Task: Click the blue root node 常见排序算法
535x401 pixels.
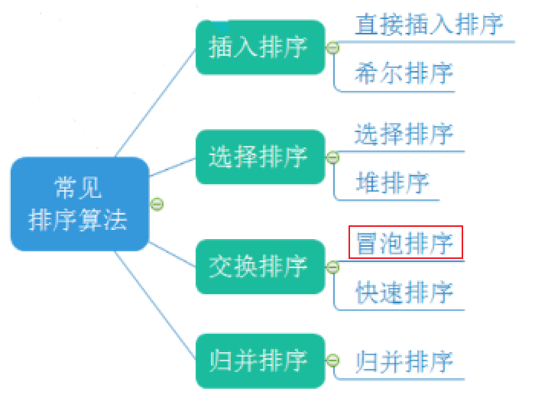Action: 79,204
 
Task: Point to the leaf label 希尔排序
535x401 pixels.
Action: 404,73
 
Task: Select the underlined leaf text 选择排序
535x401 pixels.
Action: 404,134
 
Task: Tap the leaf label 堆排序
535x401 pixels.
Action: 393,183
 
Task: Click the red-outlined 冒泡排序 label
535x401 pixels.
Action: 405,243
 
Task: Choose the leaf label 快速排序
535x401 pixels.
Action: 404,293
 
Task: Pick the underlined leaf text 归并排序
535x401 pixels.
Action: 404,361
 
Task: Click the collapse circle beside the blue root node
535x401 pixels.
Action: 157,204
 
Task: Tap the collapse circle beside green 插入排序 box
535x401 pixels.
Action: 332,48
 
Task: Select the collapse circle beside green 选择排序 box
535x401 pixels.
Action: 332,157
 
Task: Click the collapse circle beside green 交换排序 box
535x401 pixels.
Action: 332,267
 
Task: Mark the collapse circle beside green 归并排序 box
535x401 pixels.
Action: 332,360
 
